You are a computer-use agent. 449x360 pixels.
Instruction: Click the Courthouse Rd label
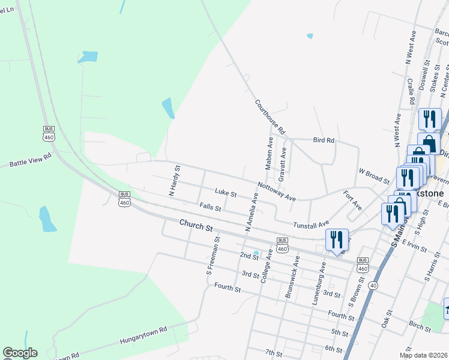pyautogui.click(x=270, y=116)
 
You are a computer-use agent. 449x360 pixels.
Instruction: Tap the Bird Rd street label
pyautogui.click(x=324, y=140)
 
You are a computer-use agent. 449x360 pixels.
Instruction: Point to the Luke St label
pyautogui.click(x=226, y=193)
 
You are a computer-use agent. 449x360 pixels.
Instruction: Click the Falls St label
pyautogui.click(x=211, y=208)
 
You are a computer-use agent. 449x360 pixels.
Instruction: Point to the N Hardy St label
pyautogui.click(x=173, y=181)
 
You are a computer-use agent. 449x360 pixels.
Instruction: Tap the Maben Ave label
pyautogui.click(x=270, y=152)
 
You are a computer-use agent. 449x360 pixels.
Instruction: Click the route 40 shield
pyautogui.click(x=373, y=285)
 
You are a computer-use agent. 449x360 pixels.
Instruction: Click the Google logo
pyautogui.click(x=20, y=353)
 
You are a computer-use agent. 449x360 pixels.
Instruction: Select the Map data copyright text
pyautogui.click(x=423, y=355)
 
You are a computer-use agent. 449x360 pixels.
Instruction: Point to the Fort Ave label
pyautogui.click(x=352, y=200)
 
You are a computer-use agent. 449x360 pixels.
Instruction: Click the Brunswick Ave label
pyautogui.click(x=293, y=277)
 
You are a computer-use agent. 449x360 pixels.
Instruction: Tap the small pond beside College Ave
pyautogui.click(x=256, y=253)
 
